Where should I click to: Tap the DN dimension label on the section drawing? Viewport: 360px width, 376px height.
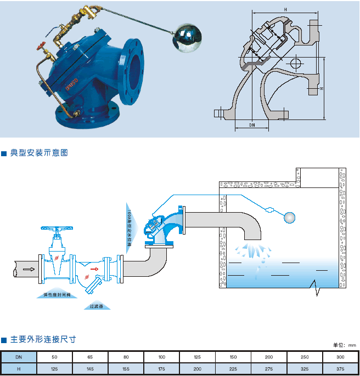pyautogui.click(x=252, y=125)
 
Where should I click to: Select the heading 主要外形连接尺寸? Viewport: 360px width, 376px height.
pyautogui.click(x=42, y=340)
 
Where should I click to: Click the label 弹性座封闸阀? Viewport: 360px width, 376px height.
pyautogui.click(x=57, y=295)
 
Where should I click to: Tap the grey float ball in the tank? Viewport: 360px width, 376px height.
pyautogui.click(x=289, y=217)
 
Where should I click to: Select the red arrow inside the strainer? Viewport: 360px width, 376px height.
pyautogui.click(x=94, y=269)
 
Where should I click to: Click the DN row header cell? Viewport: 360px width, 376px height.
pyautogui.click(x=19, y=357)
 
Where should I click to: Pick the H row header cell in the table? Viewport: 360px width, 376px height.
pyautogui.click(x=19, y=369)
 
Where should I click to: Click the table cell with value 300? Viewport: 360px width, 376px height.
pyautogui.click(x=340, y=357)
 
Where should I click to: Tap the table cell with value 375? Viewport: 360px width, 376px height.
pyautogui.click(x=340, y=369)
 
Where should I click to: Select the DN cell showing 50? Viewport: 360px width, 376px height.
pyautogui.click(x=54, y=357)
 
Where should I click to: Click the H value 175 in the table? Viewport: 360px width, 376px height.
pyautogui.click(x=161, y=369)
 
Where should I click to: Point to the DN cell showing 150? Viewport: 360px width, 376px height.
pyautogui.click(x=233, y=357)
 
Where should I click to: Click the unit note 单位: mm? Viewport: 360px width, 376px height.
pyautogui.click(x=345, y=345)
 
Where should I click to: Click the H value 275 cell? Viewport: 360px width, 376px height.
pyautogui.click(x=268, y=369)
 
